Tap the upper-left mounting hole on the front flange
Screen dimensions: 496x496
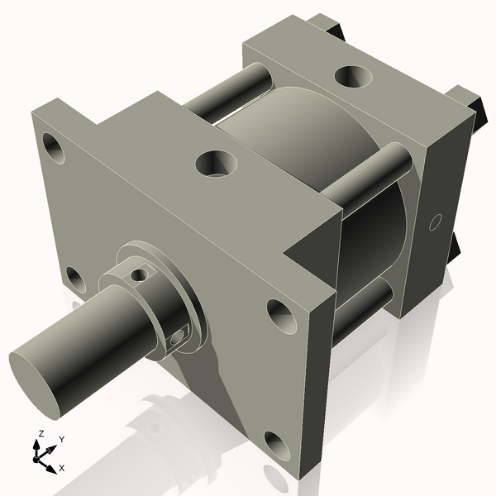tap(55, 150)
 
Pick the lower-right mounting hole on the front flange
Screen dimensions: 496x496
tap(275, 445)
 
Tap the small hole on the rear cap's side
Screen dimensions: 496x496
tap(437, 222)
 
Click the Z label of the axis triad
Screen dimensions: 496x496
tap(41, 434)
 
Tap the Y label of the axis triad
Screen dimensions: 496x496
tap(61, 439)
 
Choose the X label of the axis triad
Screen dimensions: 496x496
tap(62, 469)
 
